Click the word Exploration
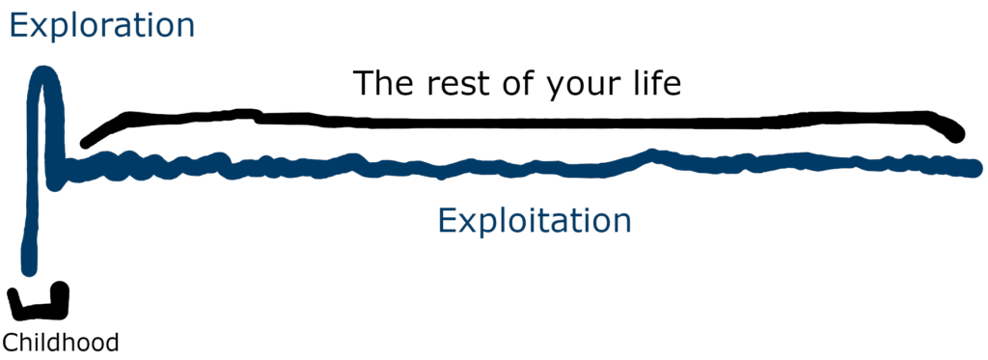tap(101, 25)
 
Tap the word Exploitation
tap(534, 221)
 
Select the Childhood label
tap(61, 342)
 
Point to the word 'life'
tap(653, 84)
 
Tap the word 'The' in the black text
tap(381, 84)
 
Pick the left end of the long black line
tap(87, 142)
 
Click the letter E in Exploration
tap(19, 25)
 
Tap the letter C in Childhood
tap(10, 342)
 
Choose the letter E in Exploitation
tap(446, 221)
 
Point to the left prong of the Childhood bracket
tap(14, 299)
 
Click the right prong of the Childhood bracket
tap(62, 293)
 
